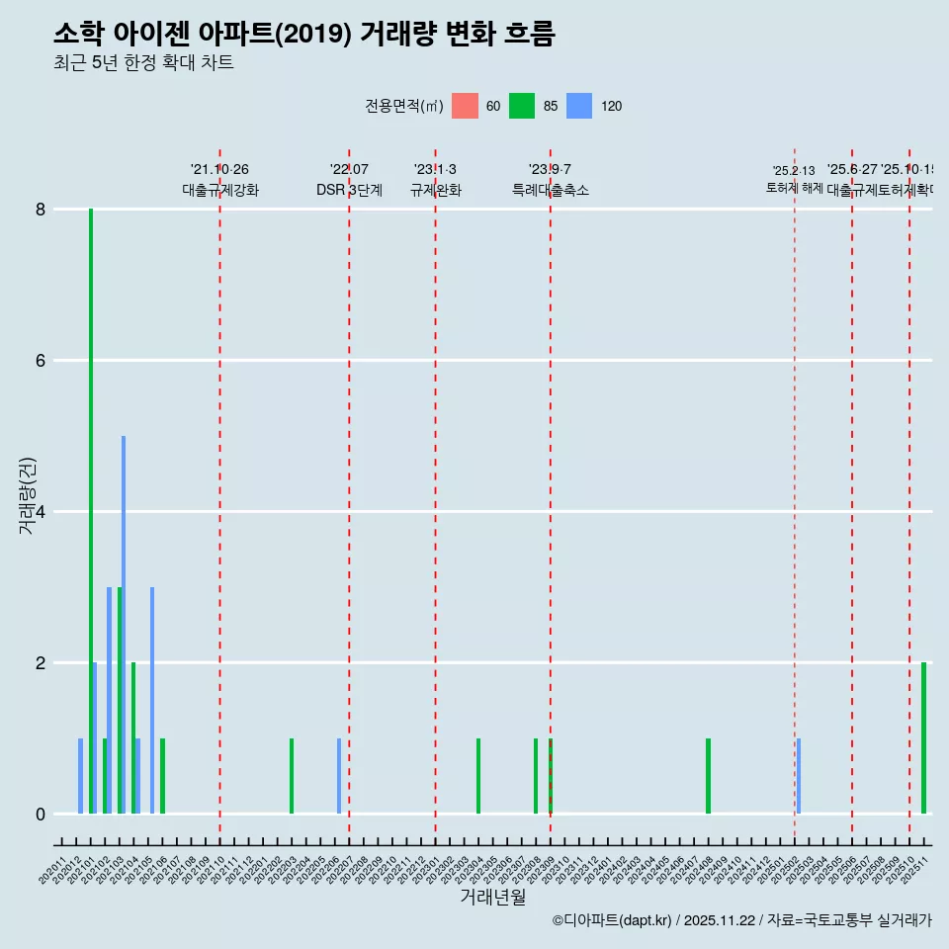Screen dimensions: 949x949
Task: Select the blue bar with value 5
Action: (124, 623)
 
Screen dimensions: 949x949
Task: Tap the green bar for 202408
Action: (708, 776)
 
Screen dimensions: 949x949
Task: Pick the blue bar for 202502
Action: (799, 776)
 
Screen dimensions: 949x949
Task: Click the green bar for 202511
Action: (924, 737)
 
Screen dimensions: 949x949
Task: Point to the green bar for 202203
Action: (292, 776)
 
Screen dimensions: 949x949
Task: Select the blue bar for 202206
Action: (339, 776)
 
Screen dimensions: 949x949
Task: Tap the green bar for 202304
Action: (478, 776)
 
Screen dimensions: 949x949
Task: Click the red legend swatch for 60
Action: (465, 106)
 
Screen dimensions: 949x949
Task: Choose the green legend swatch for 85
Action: (522, 106)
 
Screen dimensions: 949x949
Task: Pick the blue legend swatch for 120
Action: (579, 106)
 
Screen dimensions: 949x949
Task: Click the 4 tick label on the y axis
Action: (41, 512)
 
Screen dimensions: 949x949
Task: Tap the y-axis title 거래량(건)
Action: (27, 495)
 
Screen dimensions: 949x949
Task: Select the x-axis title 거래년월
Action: (492, 897)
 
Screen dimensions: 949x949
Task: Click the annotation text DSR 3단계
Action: (349, 190)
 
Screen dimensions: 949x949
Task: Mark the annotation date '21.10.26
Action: (219, 170)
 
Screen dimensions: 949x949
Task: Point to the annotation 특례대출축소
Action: (551, 190)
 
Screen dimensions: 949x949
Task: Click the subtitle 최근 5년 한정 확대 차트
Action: (143, 63)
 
